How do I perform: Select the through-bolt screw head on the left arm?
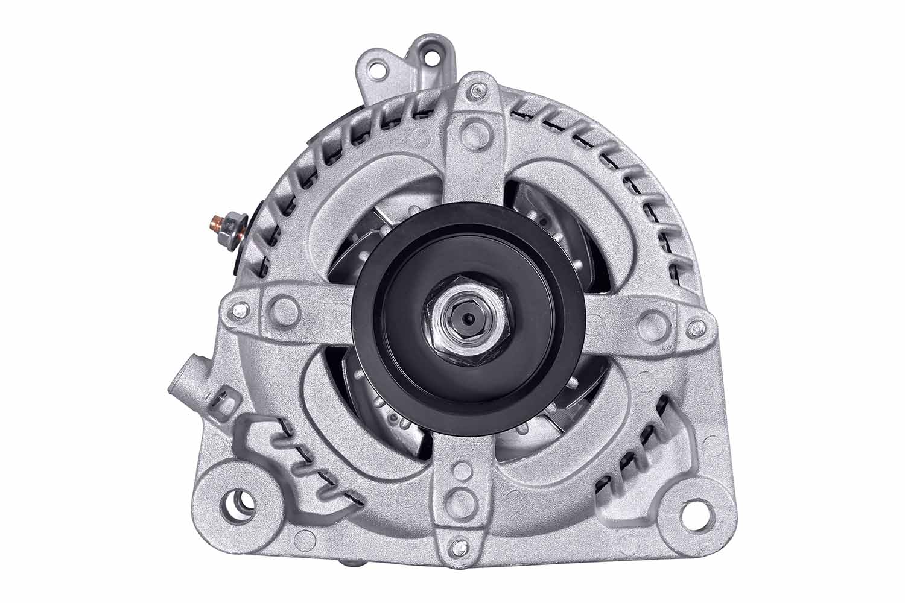click(x=240, y=310)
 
